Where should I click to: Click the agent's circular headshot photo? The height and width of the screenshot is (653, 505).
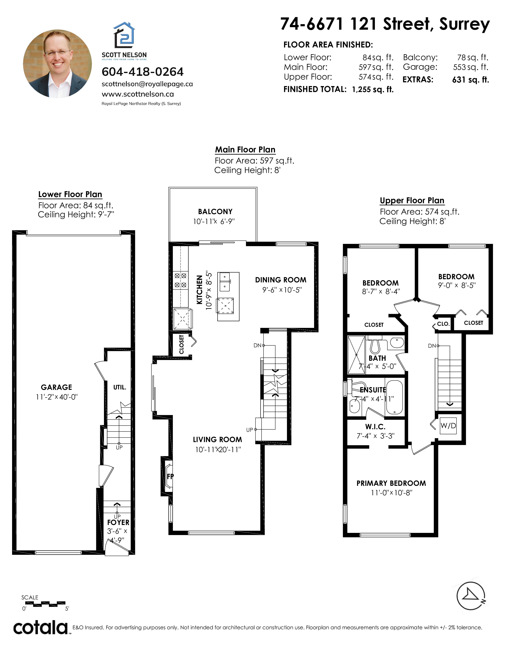click(57, 64)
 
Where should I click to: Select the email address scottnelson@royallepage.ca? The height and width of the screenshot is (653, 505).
click(147, 84)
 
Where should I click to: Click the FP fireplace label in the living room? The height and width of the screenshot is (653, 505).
click(170, 476)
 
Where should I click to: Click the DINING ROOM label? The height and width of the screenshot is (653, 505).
click(281, 280)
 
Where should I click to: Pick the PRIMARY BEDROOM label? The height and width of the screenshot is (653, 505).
click(391, 483)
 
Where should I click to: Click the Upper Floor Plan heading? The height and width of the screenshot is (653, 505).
click(412, 201)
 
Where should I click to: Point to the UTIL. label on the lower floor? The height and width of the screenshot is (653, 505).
click(120, 387)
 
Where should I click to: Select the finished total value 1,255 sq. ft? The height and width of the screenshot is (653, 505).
click(373, 89)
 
